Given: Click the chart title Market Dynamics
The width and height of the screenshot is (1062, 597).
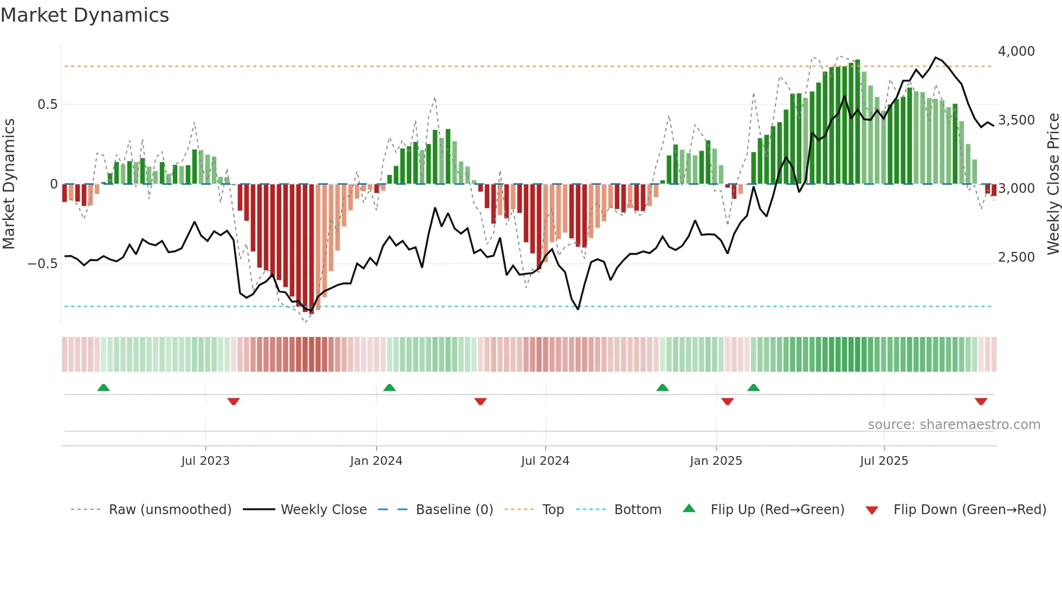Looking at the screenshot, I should coord(85,15).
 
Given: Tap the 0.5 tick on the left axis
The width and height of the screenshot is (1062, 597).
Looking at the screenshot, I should coord(47,105).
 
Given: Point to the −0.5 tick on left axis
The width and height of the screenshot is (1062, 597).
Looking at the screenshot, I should coord(43,264).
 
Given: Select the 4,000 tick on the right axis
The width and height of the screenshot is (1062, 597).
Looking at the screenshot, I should coord(1016,51).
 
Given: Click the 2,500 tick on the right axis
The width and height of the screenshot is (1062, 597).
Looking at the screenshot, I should coord(1016,257).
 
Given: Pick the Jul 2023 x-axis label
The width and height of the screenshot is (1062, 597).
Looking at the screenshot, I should coord(205,461).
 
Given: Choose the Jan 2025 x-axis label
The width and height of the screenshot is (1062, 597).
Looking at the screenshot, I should coord(716,461).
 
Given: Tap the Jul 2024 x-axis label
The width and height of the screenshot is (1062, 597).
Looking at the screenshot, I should coord(545,461).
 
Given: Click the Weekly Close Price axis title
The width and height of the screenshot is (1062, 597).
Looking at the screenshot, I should coord(1053,184).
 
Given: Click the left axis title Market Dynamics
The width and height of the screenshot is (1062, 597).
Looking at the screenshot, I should coord(9,184).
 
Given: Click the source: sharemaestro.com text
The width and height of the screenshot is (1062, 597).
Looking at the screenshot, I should coord(954,425).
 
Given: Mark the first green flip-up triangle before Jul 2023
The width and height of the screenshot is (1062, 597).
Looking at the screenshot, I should coord(103,387).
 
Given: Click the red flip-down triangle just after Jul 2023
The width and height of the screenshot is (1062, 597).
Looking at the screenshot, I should coord(234,401).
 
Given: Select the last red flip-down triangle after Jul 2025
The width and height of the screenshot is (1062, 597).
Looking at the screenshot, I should coord(981,401).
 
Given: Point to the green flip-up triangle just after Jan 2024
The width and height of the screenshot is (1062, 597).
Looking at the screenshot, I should coord(390,387).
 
